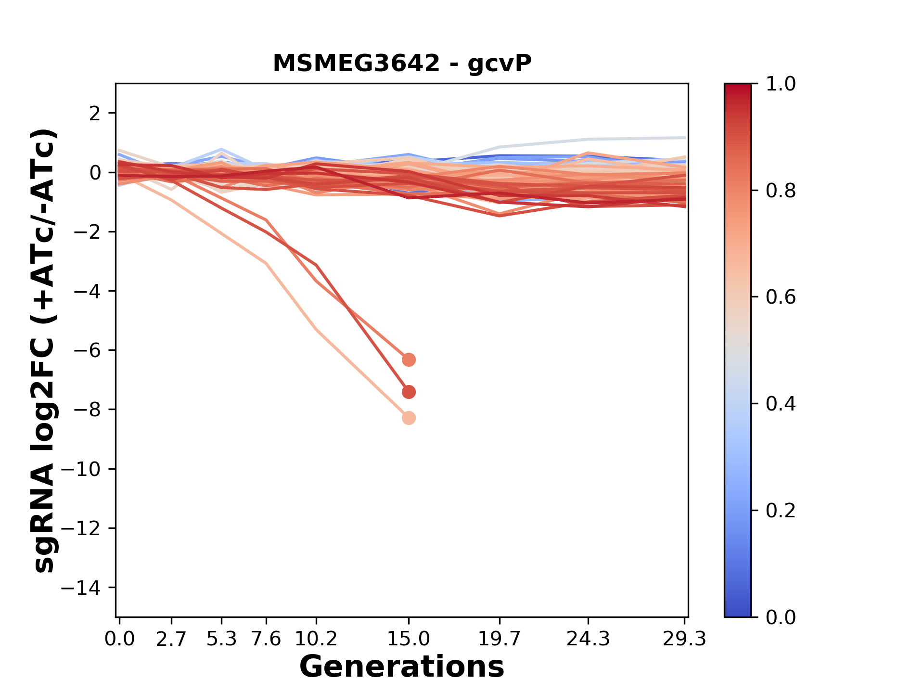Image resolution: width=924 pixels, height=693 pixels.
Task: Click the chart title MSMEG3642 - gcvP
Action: pyautogui.click(x=402, y=63)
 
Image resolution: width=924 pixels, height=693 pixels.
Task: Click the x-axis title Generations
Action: pyautogui.click(x=402, y=667)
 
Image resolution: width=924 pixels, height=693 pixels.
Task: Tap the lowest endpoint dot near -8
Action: pyautogui.click(x=409, y=418)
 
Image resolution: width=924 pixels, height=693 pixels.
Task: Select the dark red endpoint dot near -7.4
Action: pyautogui.click(x=409, y=392)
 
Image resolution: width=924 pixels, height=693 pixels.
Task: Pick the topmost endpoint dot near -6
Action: pyautogui.click(x=409, y=359)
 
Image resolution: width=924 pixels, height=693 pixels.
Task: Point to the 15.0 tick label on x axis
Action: pyautogui.click(x=409, y=639)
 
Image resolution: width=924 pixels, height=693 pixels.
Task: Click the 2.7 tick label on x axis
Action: pyautogui.click(x=171, y=639)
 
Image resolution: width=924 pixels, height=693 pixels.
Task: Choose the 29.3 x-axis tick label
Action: pyautogui.click(x=684, y=639)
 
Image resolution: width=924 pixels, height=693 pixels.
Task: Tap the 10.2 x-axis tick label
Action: pyautogui.click(x=316, y=639)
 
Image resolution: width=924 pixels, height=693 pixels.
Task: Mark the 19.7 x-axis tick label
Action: pyautogui.click(x=500, y=639)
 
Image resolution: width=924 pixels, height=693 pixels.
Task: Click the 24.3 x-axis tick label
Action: pyautogui.click(x=588, y=639)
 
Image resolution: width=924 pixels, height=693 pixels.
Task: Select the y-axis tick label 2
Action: pyautogui.click(x=95, y=114)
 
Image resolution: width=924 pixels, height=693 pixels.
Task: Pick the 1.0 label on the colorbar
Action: pyautogui.click(x=781, y=84)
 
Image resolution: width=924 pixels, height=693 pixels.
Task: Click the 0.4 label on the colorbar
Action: pyautogui.click(x=781, y=404)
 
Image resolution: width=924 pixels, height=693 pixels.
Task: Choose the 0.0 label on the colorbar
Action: pyautogui.click(x=781, y=617)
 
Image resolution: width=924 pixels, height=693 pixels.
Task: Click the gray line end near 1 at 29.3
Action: pyautogui.click(x=683, y=138)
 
